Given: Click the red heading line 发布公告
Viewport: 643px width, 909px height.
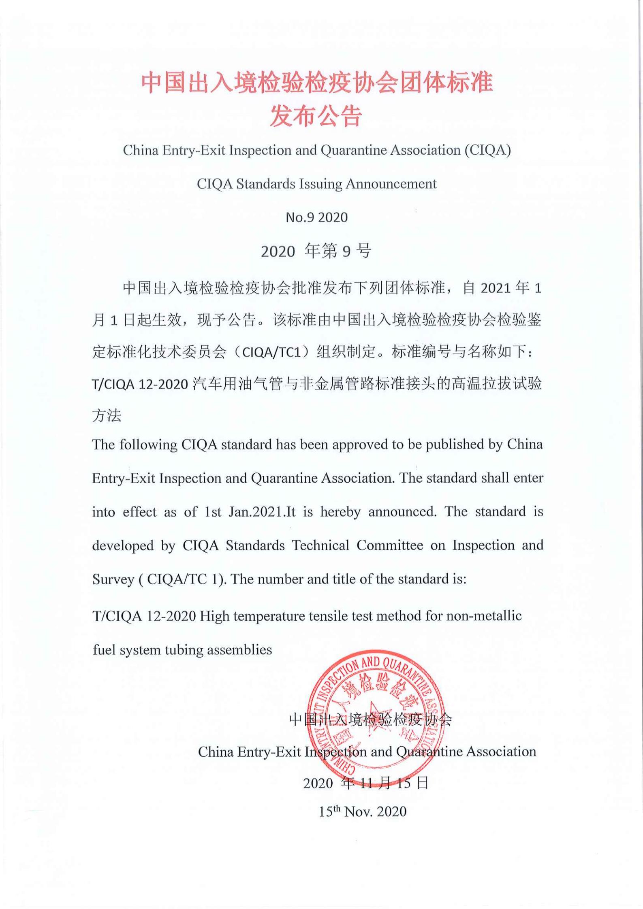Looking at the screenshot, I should pos(316,116).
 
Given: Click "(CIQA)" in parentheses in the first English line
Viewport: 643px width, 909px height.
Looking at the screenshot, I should pos(488,150).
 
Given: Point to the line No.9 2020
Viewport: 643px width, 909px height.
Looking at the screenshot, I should pos(316,217).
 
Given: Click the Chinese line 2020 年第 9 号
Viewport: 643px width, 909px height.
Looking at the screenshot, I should pos(316,251).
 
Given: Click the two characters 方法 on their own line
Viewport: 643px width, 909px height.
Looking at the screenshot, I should pos(107,415).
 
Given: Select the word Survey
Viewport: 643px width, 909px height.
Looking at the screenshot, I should pos(113,579).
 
